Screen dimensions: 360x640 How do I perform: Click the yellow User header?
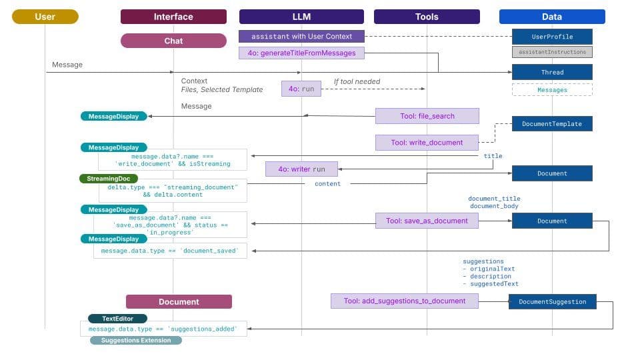tap(45, 17)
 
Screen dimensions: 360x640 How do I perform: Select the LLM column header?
tap(301, 17)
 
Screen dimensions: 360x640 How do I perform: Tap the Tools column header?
tap(427, 17)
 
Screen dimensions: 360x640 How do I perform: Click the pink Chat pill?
tap(173, 41)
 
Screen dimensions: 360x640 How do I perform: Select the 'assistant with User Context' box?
tap(301, 36)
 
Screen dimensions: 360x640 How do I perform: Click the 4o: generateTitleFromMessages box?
tap(301, 53)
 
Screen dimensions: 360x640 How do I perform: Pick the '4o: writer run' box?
tap(301, 169)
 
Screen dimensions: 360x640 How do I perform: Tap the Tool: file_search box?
tap(427, 116)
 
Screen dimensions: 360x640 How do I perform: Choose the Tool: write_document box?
tap(427, 143)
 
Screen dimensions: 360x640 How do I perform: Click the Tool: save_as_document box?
tap(427, 221)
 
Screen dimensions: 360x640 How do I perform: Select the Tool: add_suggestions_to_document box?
tap(404, 301)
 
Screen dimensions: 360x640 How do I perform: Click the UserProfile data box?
tap(552, 37)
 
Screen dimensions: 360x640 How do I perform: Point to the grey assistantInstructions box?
tap(552, 51)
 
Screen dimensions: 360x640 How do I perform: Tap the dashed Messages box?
tap(552, 89)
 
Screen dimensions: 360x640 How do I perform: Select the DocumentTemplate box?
tap(552, 123)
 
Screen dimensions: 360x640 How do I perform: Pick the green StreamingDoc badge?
tap(109, 179)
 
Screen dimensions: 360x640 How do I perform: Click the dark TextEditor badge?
tap(117, 319)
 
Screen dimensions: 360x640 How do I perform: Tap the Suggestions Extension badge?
tap(136, 340)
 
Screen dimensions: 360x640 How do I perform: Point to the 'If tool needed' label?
tap(357, 81)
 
